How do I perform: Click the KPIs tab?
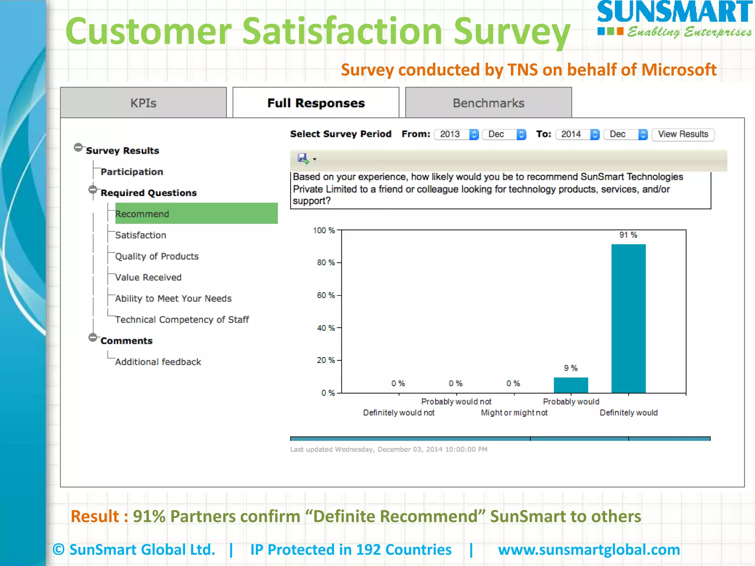coord(143,103)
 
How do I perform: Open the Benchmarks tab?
coord(488,103)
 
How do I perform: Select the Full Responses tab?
coord(316,103)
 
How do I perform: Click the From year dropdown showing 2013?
coord(456,134)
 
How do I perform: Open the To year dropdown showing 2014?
coord(578,134)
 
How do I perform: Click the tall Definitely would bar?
coord(629,318)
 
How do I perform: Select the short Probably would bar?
coord(571,385)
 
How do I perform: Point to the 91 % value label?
coord(628,235)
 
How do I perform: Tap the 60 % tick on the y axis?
coord(326,295)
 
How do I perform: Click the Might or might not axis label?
coord(514,413)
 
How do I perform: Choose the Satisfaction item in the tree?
coord(140,235)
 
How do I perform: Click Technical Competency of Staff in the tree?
coord(182,319)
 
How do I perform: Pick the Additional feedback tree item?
coord(158,362)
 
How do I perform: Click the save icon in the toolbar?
coord(303,159)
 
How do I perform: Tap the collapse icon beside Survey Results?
coord(78,147)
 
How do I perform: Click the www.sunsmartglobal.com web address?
coord(589,549)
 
